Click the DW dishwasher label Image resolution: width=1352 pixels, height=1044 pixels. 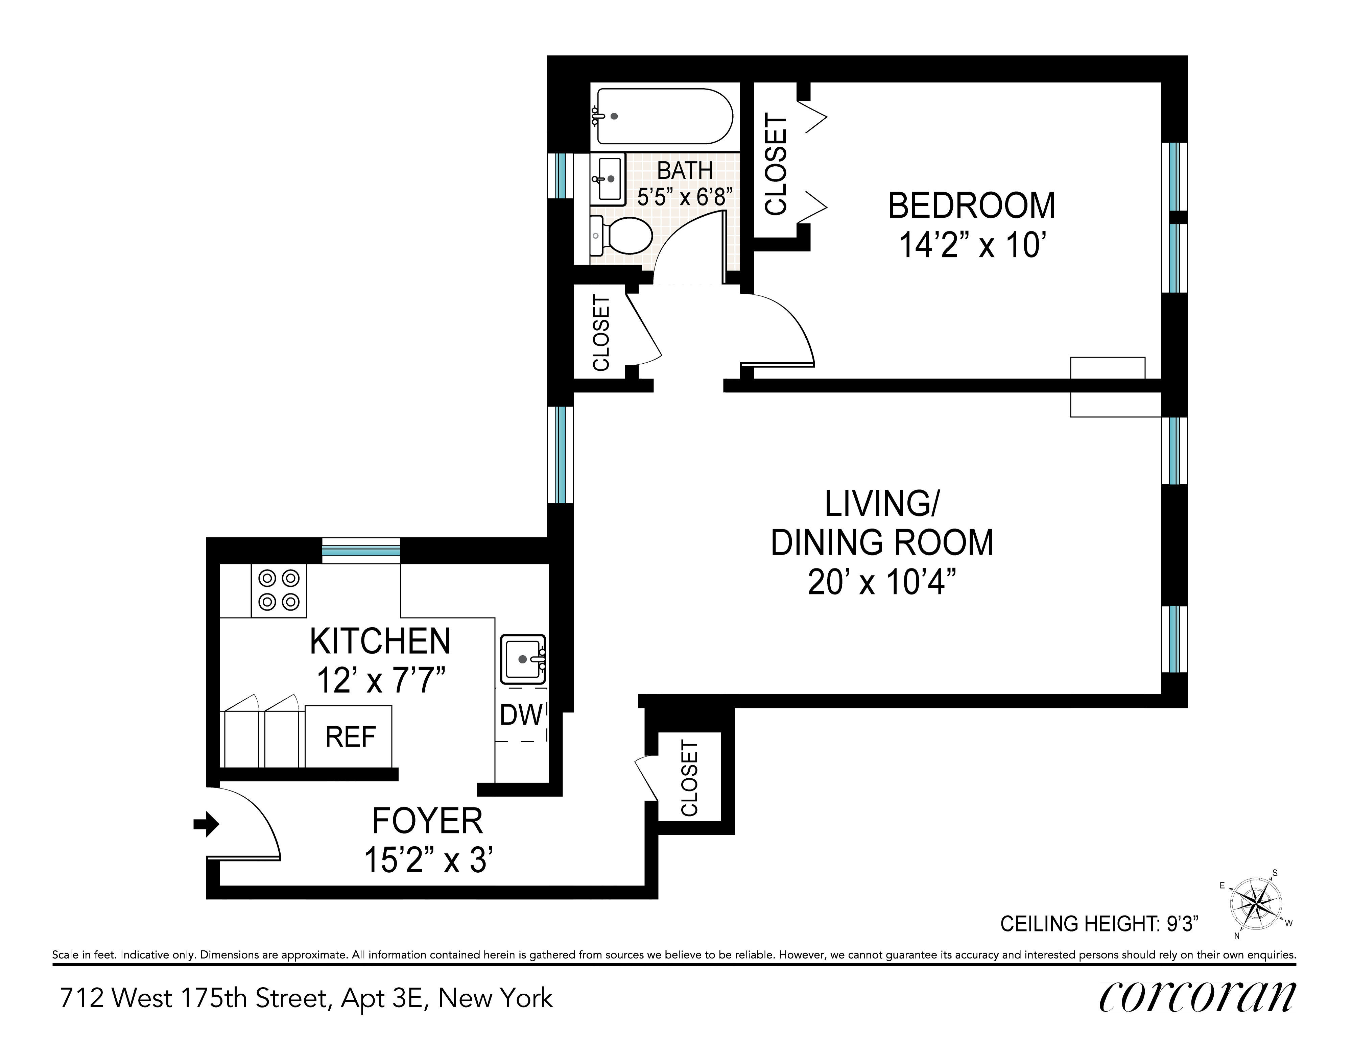tap(521, 715)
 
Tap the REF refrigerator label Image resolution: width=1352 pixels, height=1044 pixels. tap(350, 737)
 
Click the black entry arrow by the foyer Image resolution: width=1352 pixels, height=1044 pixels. tap(206, 824)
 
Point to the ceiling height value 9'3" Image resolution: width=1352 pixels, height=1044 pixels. tap(1182, 924)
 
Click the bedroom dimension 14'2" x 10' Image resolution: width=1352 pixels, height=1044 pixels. tap(972, 245)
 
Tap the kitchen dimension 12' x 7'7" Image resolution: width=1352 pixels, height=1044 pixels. tap(381, 681)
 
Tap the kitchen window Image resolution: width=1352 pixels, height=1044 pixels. tap(361, 550)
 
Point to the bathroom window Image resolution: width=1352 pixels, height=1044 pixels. tap(560, 176)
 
